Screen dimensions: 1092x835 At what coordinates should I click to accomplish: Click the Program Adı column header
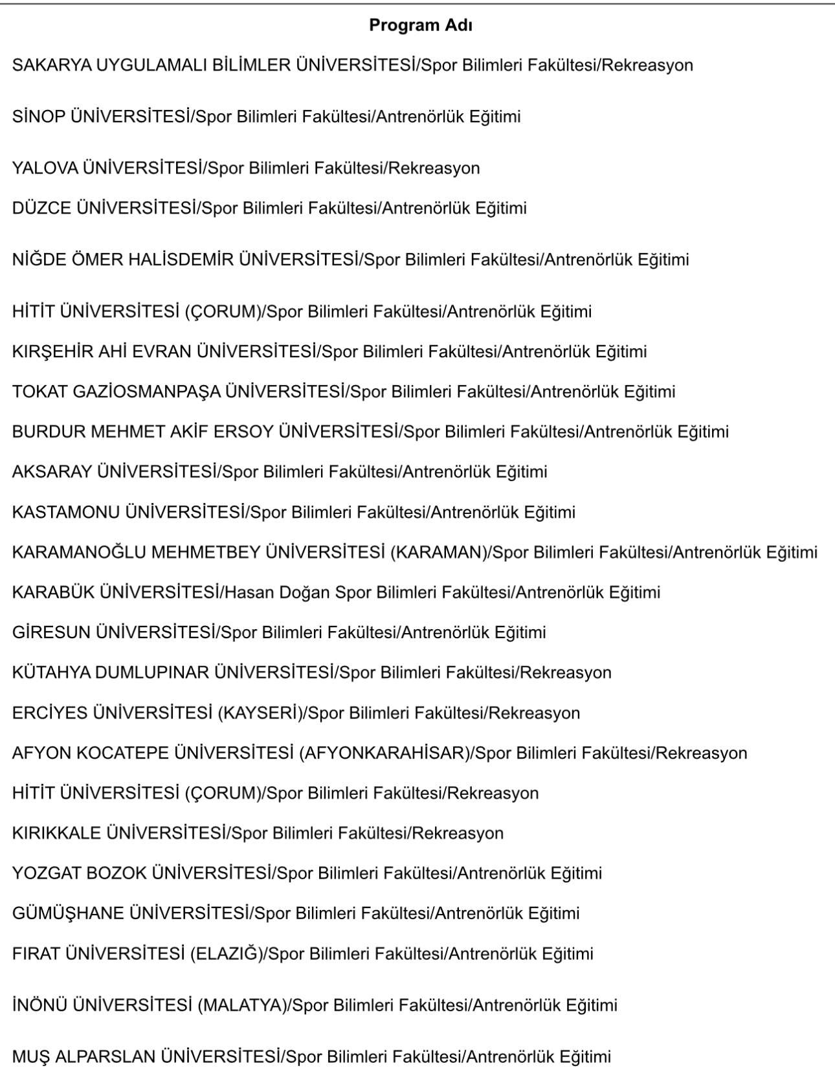(420, 25)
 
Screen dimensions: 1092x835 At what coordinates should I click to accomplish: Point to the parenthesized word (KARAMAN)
(438, 553)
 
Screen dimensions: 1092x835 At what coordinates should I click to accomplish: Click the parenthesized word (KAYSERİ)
(260, 713)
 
